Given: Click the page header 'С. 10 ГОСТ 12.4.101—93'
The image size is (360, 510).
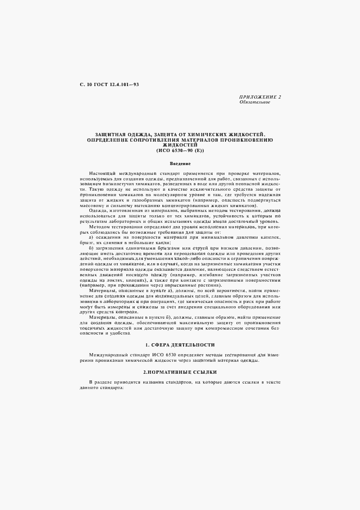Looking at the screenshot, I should coord(109,85).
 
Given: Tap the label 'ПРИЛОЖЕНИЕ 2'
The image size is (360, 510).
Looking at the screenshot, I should coord(260,97).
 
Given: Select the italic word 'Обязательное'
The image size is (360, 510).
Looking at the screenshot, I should coord(255,102).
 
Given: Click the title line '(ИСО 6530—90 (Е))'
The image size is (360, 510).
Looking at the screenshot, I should coord(180,150).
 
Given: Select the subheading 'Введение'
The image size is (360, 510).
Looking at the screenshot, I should coord(180,163).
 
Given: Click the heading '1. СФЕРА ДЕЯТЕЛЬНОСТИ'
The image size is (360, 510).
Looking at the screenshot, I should coord(180,345).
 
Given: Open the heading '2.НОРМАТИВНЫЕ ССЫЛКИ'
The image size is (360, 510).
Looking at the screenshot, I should coord(180,372).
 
